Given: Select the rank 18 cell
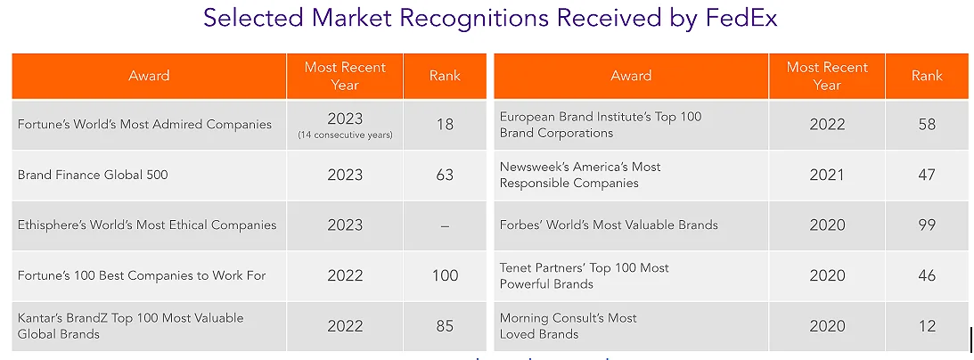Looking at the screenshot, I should coord(445,124).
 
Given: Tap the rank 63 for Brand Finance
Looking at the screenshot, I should coord(445,175).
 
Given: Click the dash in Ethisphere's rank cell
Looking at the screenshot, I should coord(445,225).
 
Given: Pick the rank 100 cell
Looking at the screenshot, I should coord(445,275).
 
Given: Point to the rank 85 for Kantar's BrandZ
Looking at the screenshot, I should coord(445,326).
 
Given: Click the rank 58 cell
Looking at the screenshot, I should coord(927,125).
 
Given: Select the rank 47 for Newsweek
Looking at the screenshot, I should coord(927,175).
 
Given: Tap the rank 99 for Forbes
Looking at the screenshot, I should coord(927,225).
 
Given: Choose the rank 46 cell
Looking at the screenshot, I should coord(927,275).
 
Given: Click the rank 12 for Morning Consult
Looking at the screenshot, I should coord(927,326).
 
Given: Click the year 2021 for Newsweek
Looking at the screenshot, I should coord(827,175).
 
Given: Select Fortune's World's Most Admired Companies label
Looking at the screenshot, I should coord(144,124).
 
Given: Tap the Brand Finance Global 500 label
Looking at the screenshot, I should coord(93,175).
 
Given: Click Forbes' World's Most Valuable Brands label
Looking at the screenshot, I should coord(609,225).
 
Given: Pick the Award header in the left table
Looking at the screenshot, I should coord(149,76).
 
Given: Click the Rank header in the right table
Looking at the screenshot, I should coord(927,76).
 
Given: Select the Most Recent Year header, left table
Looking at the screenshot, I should coord(345,76).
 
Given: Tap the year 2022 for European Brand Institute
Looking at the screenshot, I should coord(827,125).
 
